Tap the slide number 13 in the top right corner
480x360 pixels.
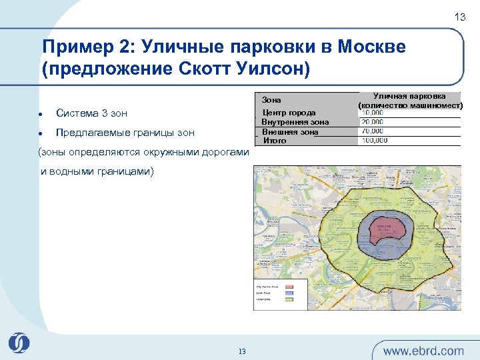460,17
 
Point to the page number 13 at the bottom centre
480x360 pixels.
242,351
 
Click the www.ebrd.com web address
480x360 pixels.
424,351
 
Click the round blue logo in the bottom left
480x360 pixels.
19,343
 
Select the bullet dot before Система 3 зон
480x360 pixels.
41,113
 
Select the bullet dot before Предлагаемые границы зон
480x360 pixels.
41,132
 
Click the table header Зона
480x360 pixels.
272,100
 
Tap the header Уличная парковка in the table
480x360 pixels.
409,97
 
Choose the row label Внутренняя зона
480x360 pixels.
295,122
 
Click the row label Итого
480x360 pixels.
275,141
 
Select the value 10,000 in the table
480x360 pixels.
373,113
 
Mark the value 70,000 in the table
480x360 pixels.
373,131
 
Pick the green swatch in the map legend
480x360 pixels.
289,299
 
